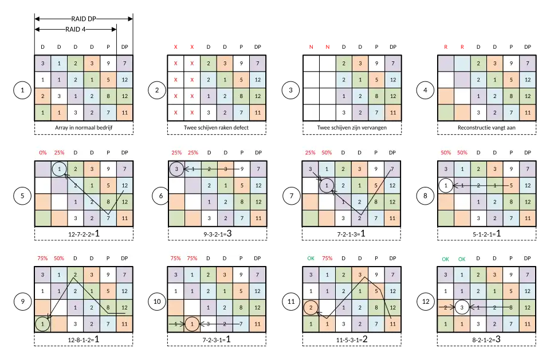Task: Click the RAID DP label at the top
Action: click(x=83, y=19)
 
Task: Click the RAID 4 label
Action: click(x=76, y=30)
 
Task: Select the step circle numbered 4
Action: click(x=425, y=91)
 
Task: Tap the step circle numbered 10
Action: click(x=157, y=301)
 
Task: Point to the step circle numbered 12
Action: click(x=425, y=301)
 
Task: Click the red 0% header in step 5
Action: click(x=42, y=152)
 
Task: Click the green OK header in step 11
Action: click(x=311, y=259)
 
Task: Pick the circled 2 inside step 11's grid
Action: click(x=311, y=308)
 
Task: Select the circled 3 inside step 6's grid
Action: click(x=177, y=169)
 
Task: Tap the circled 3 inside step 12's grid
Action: click(x=462, y=308)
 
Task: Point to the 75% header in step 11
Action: click(x=327, y=259)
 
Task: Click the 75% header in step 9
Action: click(x=42, y=259)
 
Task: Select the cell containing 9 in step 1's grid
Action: click(x=109, y=63)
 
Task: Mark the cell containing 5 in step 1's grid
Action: click(x=109, y=80)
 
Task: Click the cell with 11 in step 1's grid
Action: click(x=125, y=112)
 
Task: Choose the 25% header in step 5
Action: click(x=59, y=152)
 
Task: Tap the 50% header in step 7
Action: click(x=327, y=152)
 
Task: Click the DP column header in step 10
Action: click(x=258, y=259)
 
